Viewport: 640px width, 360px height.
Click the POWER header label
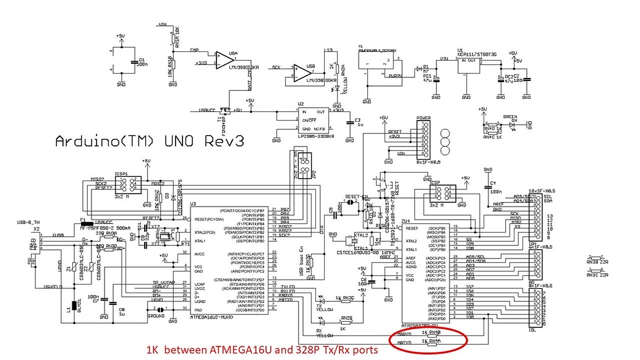pos(423,118)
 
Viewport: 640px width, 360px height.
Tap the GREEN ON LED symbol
pos(512,124)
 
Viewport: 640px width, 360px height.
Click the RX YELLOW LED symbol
pos(322,321)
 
